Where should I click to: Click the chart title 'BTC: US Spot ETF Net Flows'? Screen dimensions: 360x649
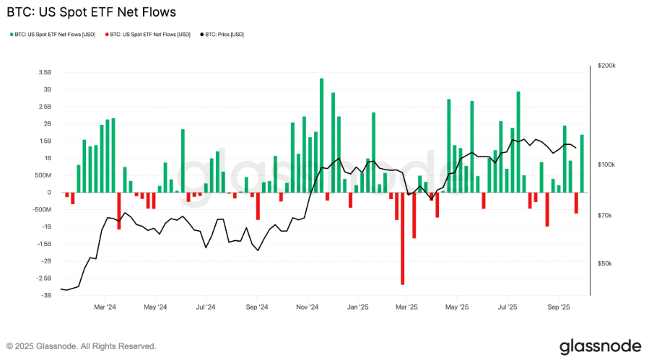pyautogui.click(x=91, y=12)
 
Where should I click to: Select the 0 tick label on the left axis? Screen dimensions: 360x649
pyautogui.click(x=49, y=193)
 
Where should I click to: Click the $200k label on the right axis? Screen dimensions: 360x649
pyautogui.click(x=606, y=66)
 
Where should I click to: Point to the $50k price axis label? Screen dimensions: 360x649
pyautogui.click(x=604, y=264)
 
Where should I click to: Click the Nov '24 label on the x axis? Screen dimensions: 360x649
pyautogui.click(x=308, y=307)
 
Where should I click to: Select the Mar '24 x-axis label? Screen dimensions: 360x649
pyautogui.click(x=105, y=307)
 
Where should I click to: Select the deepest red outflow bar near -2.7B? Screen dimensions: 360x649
pyautogui.click(x=402, y=238)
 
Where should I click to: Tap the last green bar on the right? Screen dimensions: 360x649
pyautogui.click(x=582, y=163)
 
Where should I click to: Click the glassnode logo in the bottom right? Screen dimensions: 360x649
pyautogui.click(x=601, y=346)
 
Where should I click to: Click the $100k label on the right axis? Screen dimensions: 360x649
pyautogui.click(x=606, y=165)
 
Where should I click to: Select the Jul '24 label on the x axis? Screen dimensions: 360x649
pyautogui.click(x=206, y=307)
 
